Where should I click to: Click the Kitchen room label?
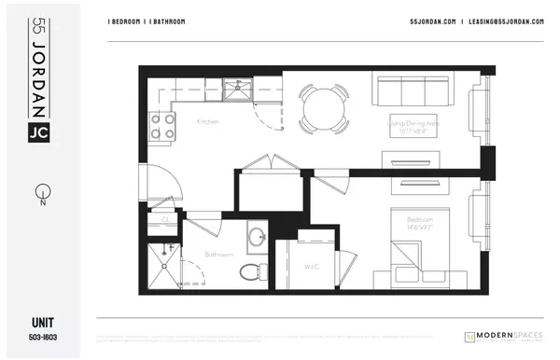click(x=207, y=122)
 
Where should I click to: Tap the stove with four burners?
click(x=162, y=125)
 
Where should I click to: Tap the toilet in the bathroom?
click(x=250, y=271)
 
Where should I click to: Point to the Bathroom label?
click(x=219, y=254)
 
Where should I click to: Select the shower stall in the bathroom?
click(x=165, y=263)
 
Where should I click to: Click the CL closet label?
click(x=165, y=220)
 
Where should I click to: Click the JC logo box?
click(x=37, y=133)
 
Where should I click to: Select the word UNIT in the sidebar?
click(x=37, y=323)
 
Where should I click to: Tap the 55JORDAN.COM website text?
click(x=432, y=21)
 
